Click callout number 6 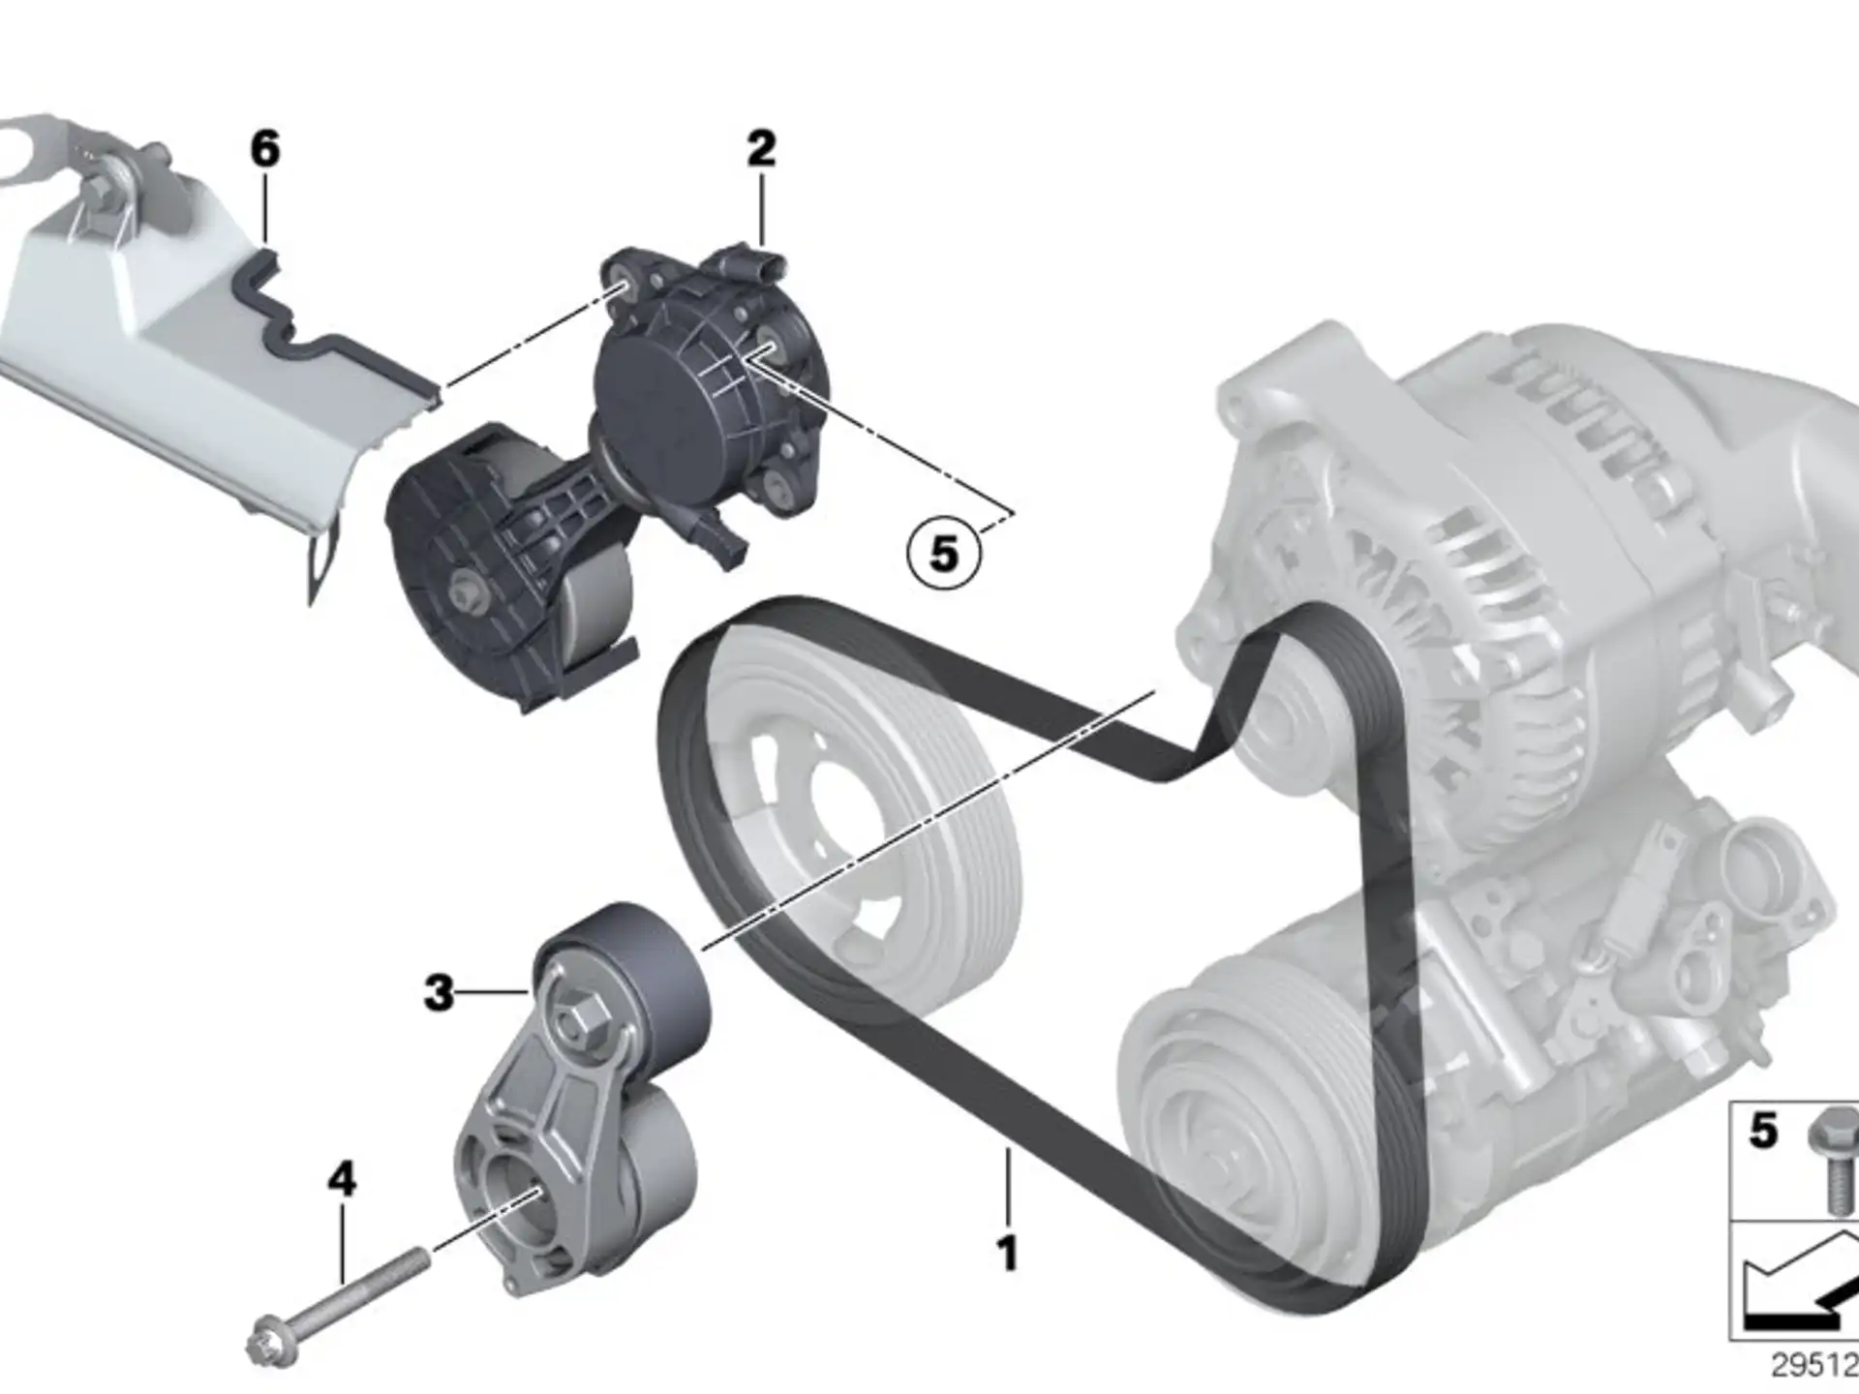click(x=264, y=149)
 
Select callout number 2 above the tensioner click(x=761, y=149)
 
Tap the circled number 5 click(x=944, y=554)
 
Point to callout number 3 click(x=439, y=992)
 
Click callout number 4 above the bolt click(x=342, y=1179)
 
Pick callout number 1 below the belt click(x=1008, y=1253)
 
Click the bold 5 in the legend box click(x=1763, y=1130)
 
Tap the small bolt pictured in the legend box click(x=1833, y=1161)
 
